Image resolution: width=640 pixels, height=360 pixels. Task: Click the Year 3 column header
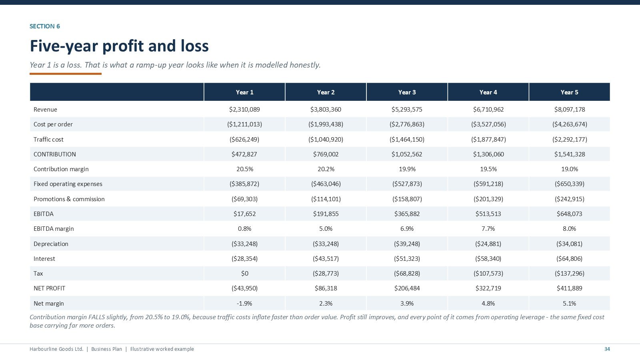(407, 92)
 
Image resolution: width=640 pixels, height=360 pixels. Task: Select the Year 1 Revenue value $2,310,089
(244, 110)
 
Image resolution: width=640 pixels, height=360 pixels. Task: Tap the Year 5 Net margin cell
(570, 304)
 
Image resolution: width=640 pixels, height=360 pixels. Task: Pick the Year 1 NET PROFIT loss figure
(244, 288)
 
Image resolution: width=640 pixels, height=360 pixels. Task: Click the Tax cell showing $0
(244, 274)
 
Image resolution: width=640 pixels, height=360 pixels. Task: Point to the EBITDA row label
(44, 214)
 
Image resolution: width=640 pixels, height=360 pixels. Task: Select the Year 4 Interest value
(488, 258)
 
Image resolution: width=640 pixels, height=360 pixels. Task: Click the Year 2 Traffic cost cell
(326, 140)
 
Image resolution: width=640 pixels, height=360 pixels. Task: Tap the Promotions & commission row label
(69, 199)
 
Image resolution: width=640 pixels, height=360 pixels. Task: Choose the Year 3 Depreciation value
(407, 244)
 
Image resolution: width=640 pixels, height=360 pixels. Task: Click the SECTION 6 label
(45, 26)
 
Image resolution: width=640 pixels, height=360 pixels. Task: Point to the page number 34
(607, 349)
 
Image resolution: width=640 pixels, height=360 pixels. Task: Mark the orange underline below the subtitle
(66, 74)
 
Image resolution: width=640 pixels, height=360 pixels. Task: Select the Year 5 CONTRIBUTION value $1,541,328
(570, 154)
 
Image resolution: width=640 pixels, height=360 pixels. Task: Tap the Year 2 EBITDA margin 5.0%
(326, 229)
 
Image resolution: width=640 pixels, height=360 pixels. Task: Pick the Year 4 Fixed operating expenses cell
(488, 184)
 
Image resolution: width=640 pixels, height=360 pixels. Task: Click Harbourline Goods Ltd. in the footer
(56, 349)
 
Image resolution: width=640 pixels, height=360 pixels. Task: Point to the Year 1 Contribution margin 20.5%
(244, 169)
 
